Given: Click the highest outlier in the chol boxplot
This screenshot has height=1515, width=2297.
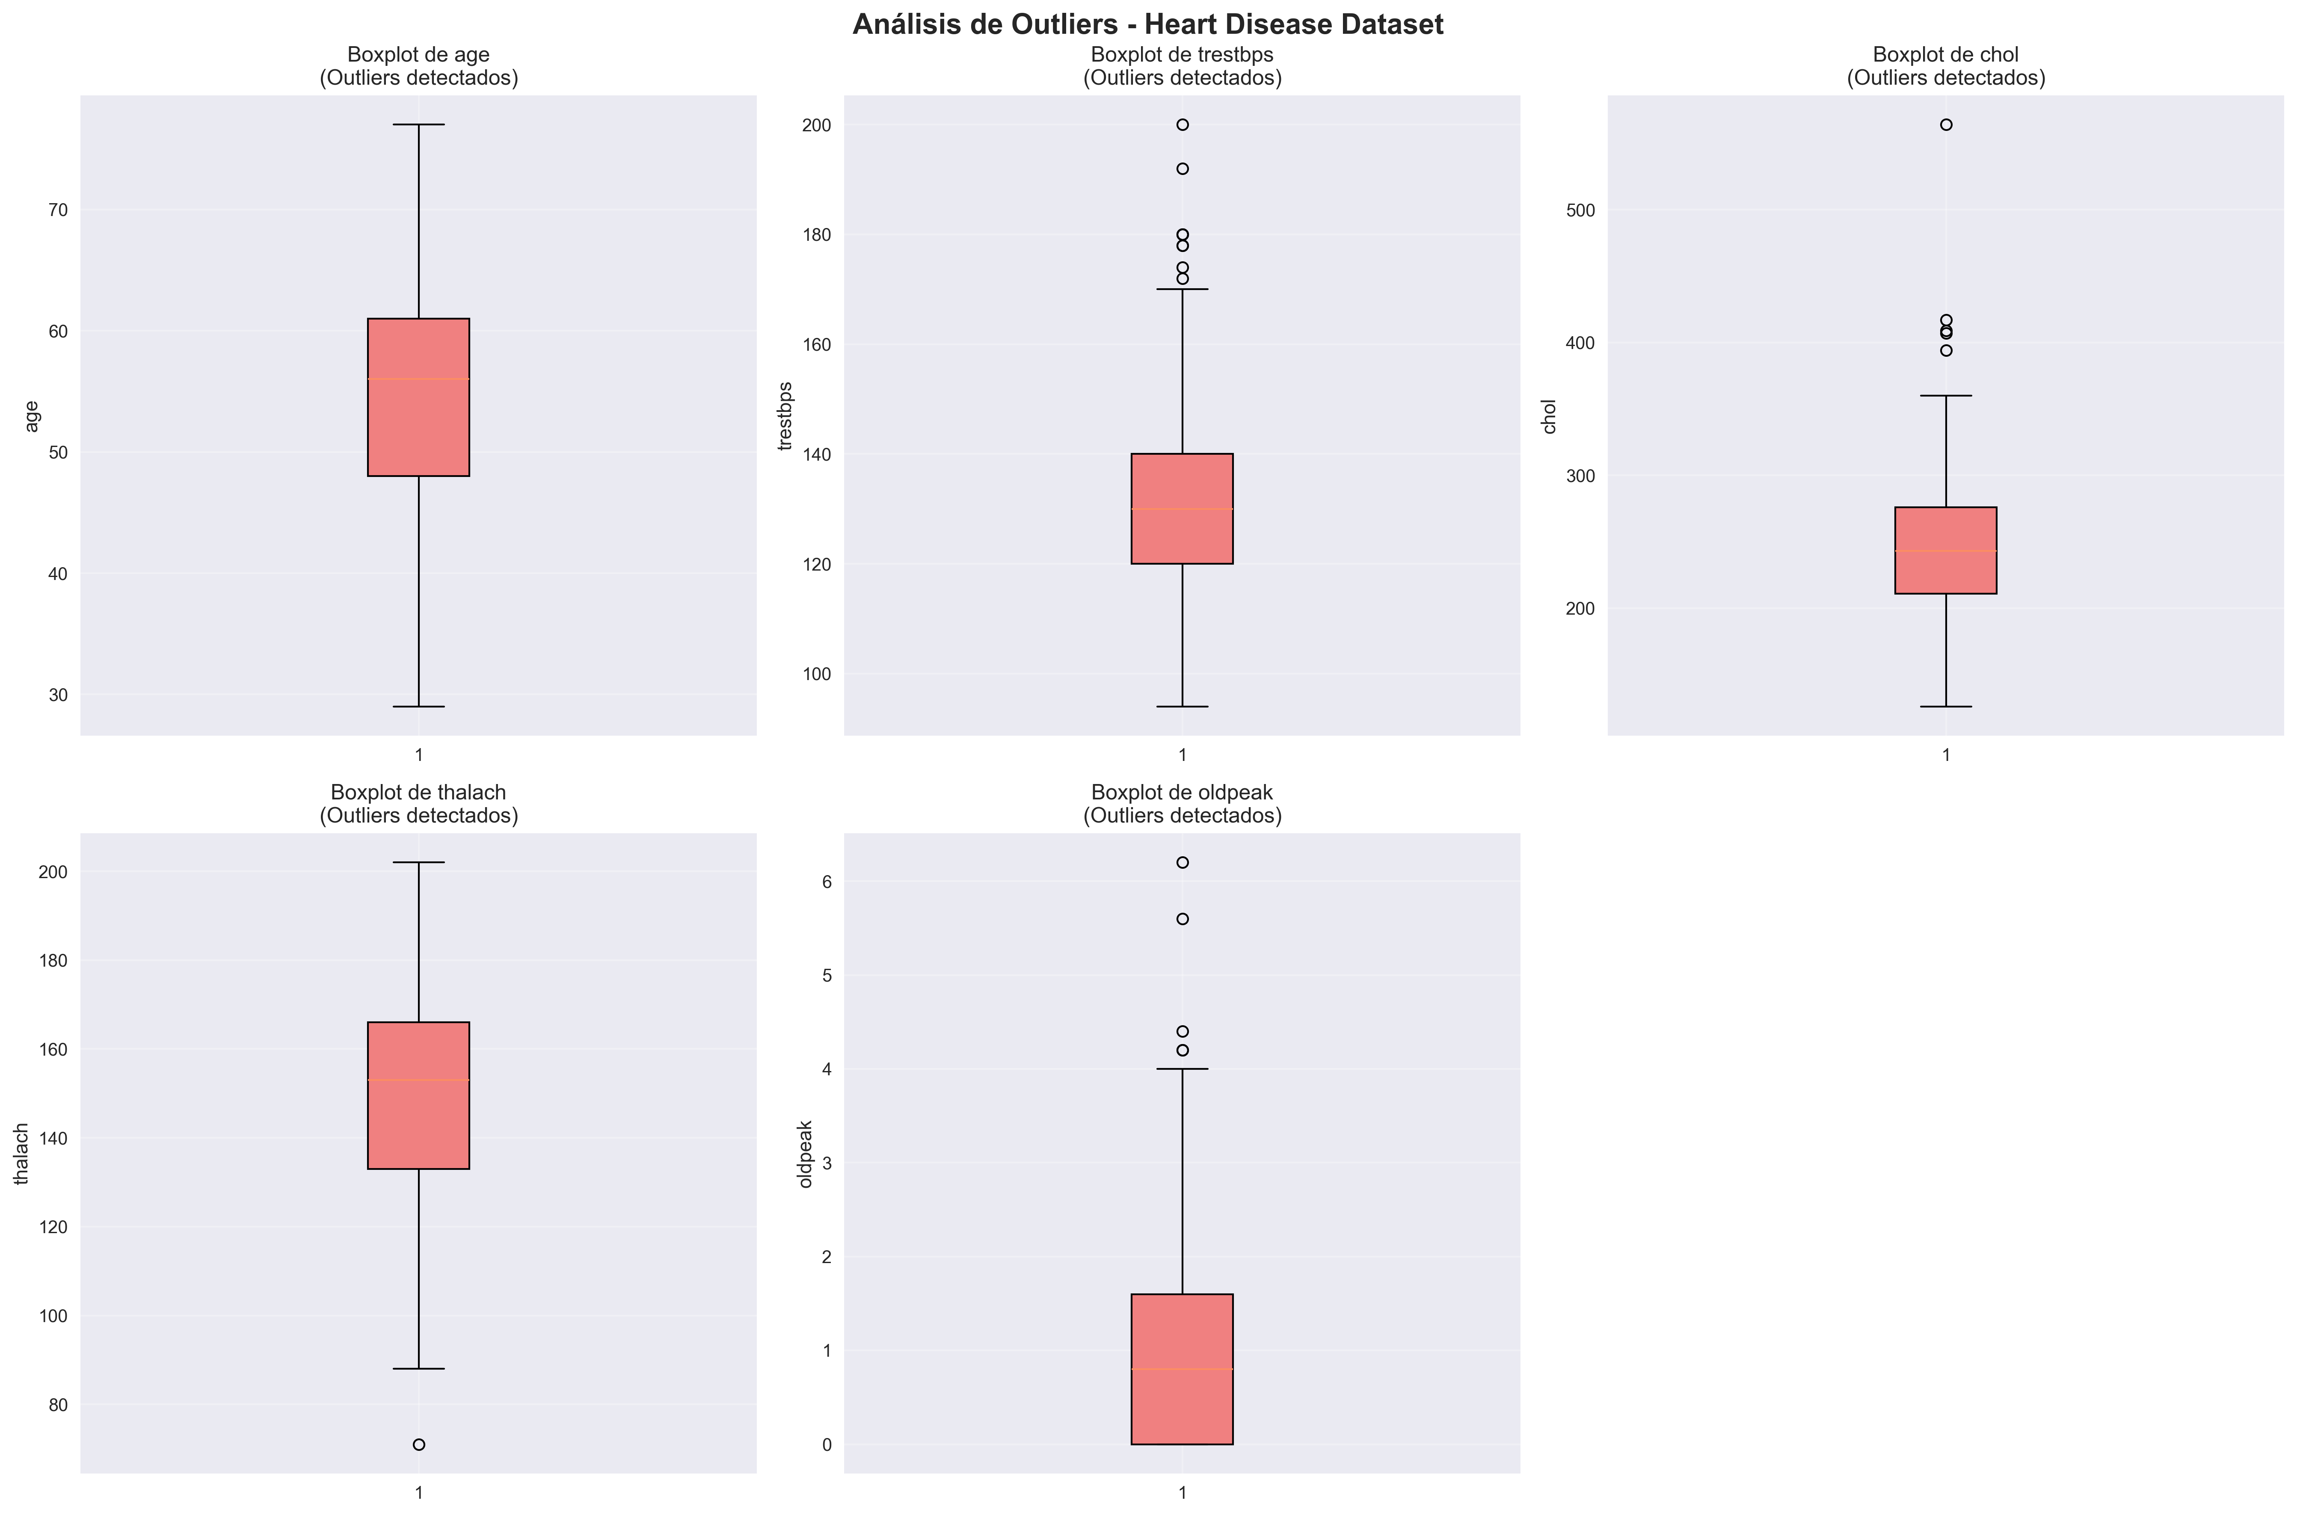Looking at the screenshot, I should point(1945,124).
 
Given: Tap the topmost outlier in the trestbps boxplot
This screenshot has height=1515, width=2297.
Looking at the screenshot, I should point(1182,124).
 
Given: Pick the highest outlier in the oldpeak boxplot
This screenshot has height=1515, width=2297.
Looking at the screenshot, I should point(1182,862).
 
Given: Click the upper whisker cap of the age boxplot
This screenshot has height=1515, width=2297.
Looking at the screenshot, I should point(418,124).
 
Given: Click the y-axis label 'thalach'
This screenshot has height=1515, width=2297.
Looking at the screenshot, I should point(21,1154).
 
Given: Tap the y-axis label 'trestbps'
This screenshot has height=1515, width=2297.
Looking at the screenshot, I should point(785,415).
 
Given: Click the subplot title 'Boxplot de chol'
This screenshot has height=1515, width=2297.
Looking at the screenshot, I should point(1945,55).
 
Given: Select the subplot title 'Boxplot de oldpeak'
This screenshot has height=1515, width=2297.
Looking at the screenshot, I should point(1182,792).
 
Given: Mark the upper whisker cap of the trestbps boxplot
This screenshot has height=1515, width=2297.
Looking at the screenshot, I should point(1182,289).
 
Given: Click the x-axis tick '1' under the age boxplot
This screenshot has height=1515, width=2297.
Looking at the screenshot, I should point(418,755).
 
